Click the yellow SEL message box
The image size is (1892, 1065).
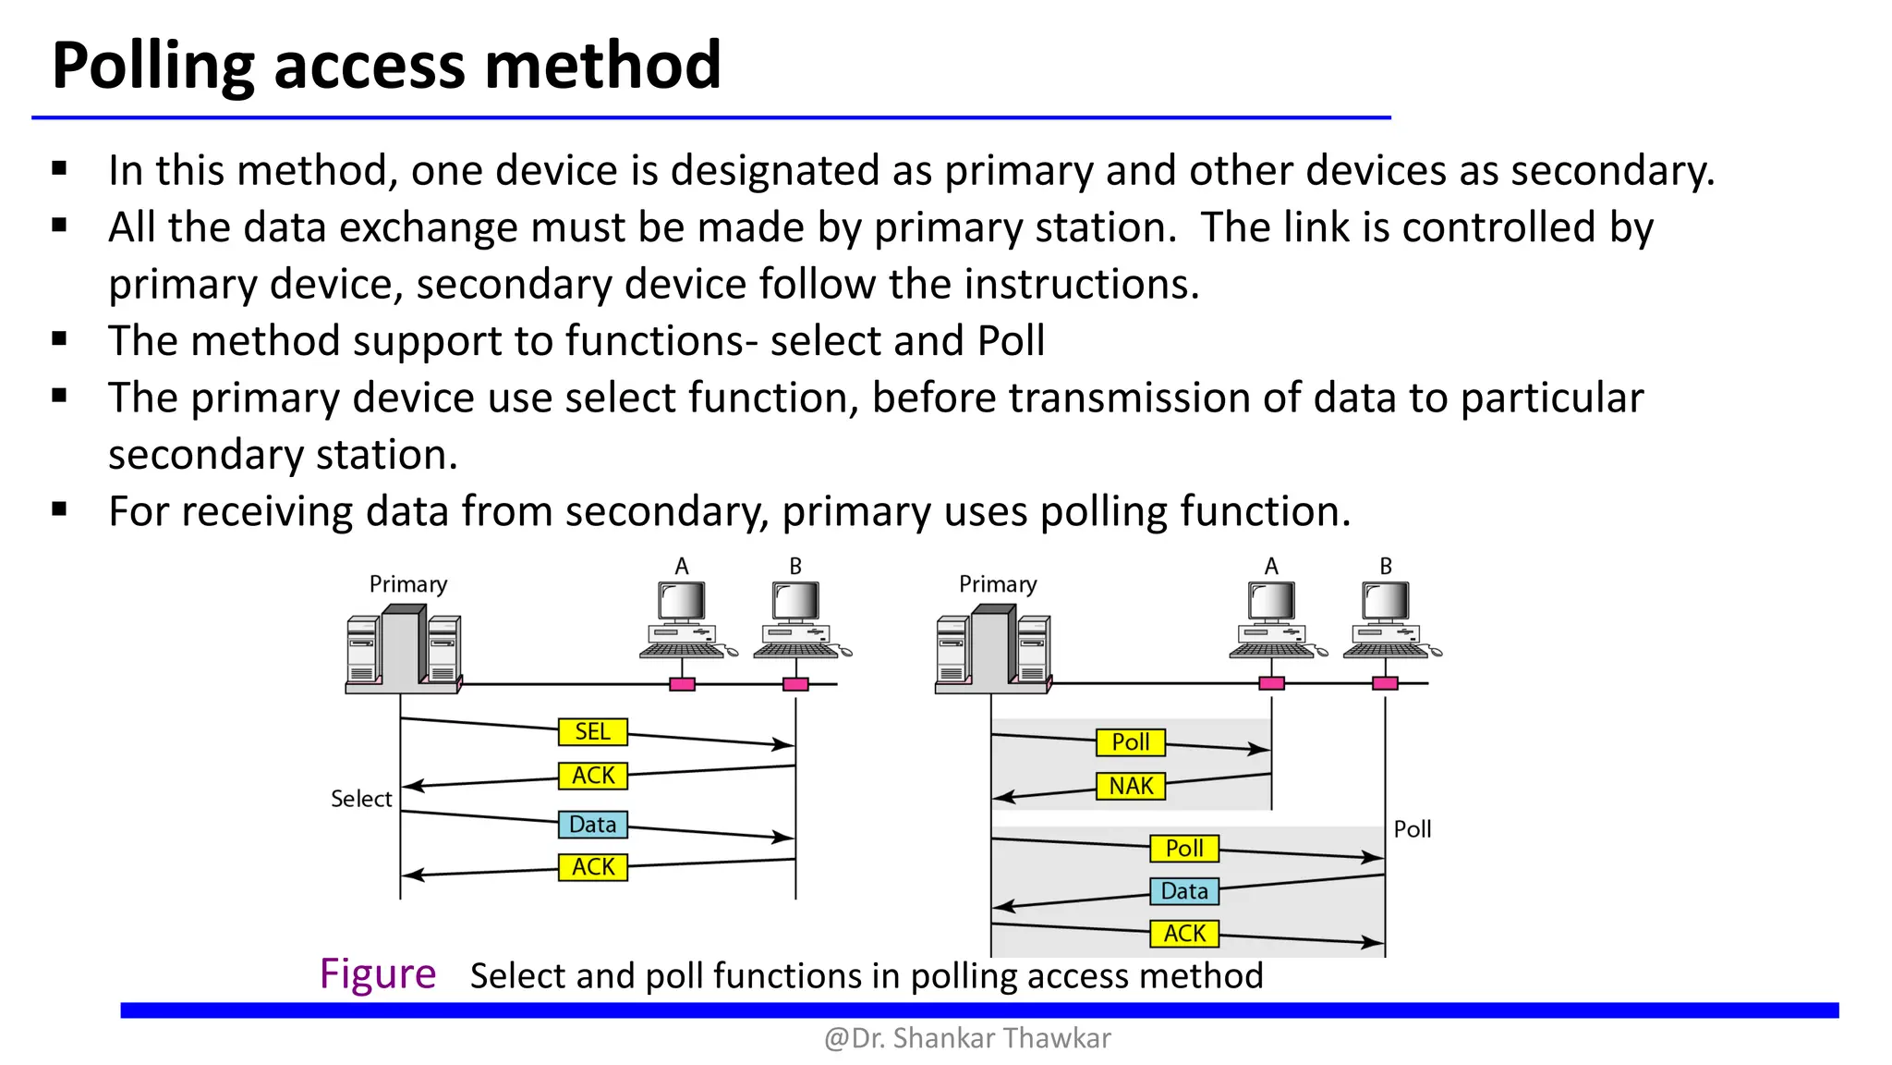[x=592, y=731]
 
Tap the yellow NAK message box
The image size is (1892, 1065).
[x=1131, y=786]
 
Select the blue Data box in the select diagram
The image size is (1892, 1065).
[x=592, y=824]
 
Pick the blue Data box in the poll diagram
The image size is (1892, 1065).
[x=1184, y=891]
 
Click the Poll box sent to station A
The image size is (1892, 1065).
[x=1131, y=742]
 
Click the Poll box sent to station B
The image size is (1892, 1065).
[x=1184, y=848]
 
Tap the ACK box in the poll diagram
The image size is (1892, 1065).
[x=1184, y=934]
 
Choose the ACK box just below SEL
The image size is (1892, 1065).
[x=592, y=775]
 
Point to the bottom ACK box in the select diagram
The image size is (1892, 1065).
[x=592, y=867]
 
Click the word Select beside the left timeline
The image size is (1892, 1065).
[x=361, y=799]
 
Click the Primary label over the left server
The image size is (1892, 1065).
[x=407, y=584]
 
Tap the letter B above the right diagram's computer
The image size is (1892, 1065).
[x=1386, y=566]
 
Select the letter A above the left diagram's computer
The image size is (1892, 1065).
[x=682, y=566]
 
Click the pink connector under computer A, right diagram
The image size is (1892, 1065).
[x=1272, y=683]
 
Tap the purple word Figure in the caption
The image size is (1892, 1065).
[x=377, y=973]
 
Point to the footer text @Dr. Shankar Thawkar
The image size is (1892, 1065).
[x=967, y=1038]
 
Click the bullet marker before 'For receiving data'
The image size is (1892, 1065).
[x=60, y=508]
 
